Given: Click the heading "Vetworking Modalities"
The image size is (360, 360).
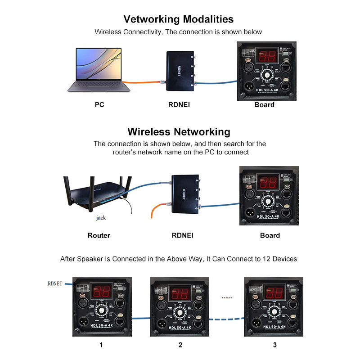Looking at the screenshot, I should click(179, 19).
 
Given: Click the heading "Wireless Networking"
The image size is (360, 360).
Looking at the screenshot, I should click(179, 132).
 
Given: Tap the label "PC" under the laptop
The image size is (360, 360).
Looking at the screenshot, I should click(99, 105).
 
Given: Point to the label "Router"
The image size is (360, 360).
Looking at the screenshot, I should click(99, 235).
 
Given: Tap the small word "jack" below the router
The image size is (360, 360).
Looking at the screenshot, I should click(101, 218).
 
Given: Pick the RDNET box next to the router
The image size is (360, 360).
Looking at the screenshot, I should click(184, 194).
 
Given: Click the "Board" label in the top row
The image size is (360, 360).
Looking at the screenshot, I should click(264, 105).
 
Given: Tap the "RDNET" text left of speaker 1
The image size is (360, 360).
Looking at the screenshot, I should click(56, 283).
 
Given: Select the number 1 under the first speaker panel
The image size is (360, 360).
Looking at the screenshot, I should click(101, 345).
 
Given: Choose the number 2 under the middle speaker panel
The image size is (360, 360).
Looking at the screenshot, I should click(180, 345).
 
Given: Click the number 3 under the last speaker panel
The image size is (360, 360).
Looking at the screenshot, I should click(275, 345).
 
